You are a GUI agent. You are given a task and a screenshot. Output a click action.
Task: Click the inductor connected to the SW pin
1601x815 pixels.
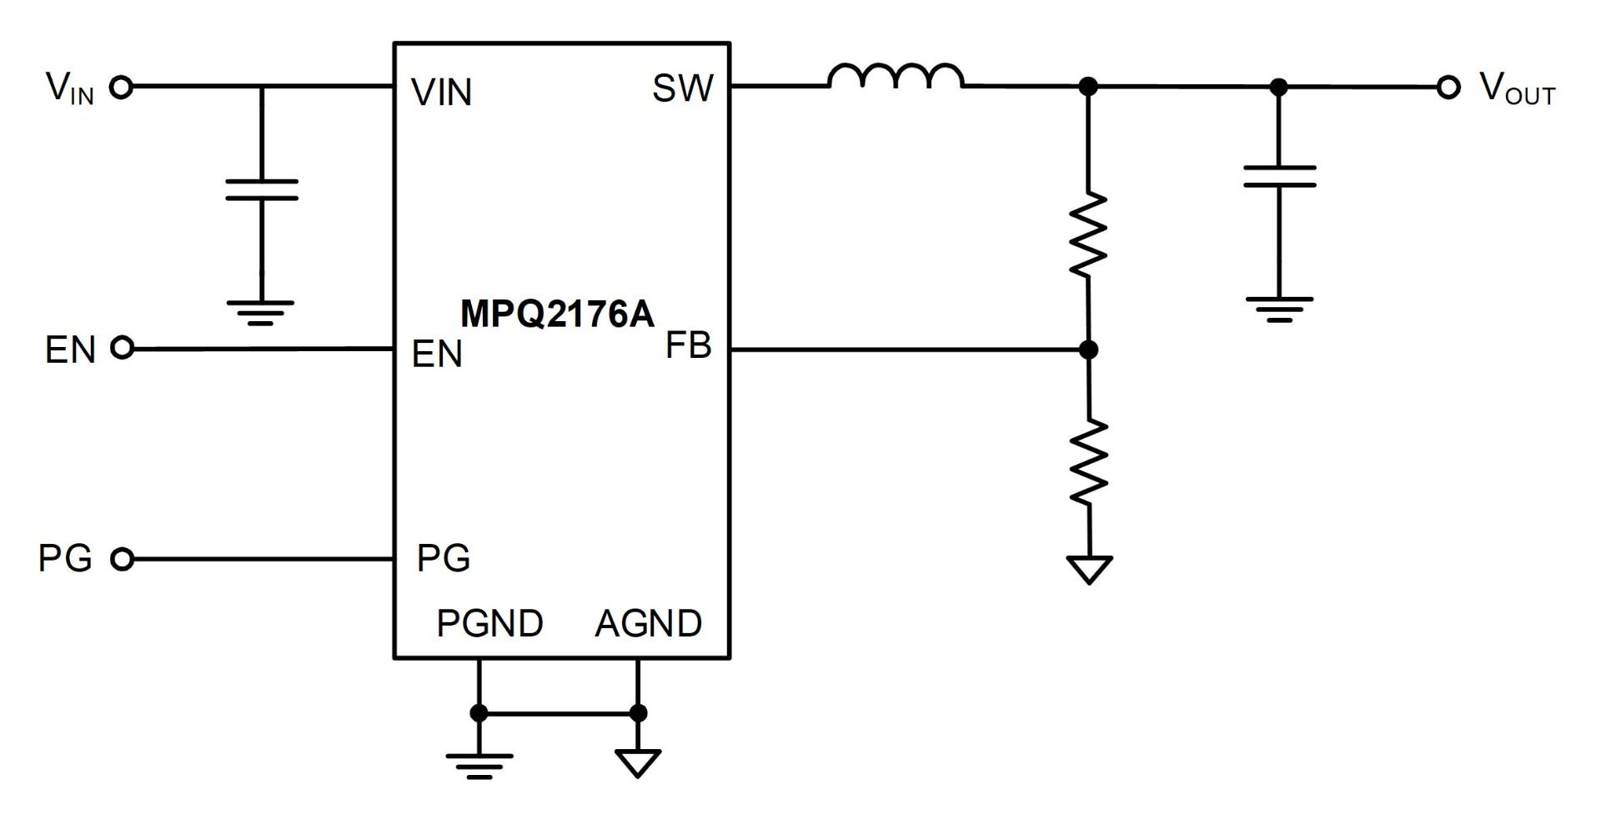click(896, 78)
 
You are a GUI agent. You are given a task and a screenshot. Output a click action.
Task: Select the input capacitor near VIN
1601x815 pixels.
click(262, 190)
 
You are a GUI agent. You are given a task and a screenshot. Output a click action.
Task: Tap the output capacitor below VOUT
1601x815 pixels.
click(1279, 176)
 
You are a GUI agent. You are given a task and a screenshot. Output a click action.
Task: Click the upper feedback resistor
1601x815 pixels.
click(1088, 235)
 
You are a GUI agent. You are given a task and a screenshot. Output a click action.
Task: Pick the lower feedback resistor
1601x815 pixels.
click(1088, 462)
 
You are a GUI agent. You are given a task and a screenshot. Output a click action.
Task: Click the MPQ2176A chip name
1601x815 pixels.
click(557, 314)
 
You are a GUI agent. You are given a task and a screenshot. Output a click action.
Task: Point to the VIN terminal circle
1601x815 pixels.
click(122, 87)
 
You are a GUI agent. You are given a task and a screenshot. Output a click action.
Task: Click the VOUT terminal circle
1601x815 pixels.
click(1448, 87)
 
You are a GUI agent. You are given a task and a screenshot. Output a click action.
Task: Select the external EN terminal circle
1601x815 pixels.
click(122, 349)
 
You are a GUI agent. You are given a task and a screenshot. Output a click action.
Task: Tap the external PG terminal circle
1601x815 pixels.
click(122, 559)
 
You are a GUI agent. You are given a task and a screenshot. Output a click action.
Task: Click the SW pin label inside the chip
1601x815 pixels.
click(683, 88)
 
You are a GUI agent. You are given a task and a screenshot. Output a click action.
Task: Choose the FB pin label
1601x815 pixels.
click(688, 346)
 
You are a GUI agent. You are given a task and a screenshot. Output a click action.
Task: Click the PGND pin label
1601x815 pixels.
click(490, 623)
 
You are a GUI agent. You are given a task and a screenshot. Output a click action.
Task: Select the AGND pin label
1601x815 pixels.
click(649, 623)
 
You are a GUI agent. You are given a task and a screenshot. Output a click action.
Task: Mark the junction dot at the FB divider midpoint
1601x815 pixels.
click(1088, 350)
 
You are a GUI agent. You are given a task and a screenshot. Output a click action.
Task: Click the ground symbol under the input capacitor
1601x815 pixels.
click(261, 312)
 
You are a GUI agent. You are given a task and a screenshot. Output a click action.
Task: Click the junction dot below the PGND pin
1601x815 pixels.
click(479, 713)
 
